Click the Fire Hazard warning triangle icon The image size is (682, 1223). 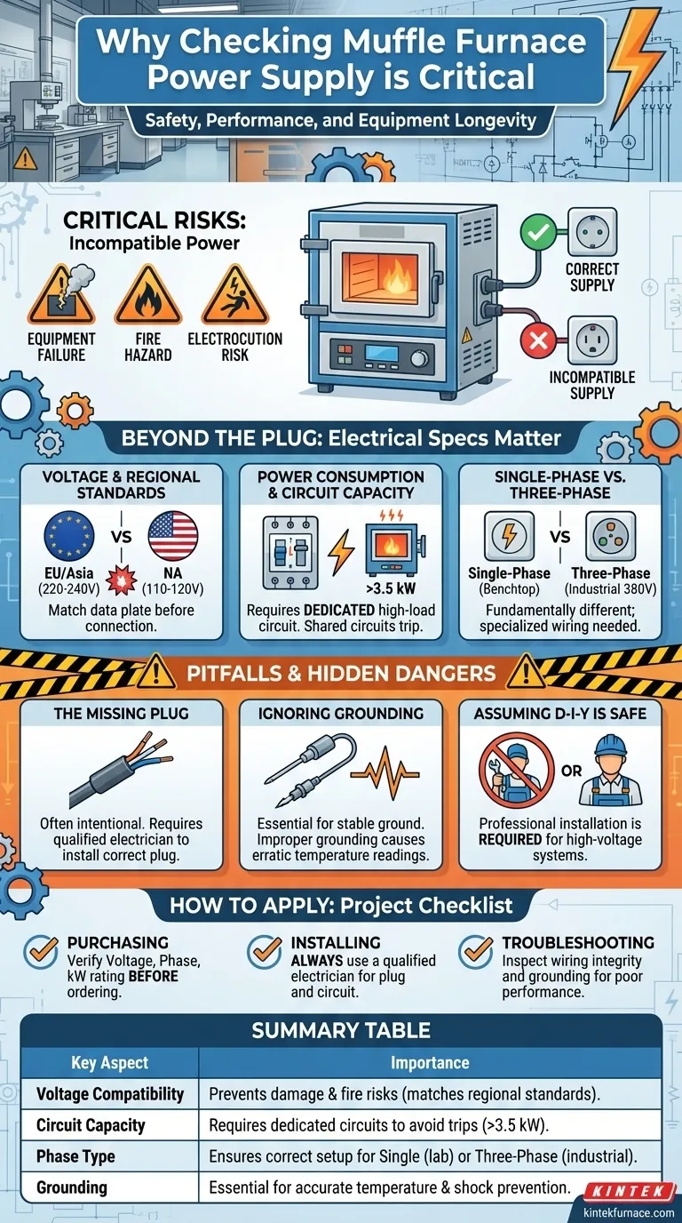148,296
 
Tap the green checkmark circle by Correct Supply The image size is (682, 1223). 537,233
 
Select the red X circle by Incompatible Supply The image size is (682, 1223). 538,340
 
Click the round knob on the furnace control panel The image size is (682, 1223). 419,359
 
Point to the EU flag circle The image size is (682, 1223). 68,536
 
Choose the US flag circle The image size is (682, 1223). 173,536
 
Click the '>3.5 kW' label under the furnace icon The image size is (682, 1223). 391,588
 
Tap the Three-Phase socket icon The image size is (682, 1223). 611,536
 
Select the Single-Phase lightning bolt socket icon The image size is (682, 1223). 509,536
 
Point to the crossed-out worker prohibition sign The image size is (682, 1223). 516,770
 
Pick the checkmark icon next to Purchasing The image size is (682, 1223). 42,952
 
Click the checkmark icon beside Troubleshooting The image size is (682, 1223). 476,952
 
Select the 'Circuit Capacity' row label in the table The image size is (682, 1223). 91,1125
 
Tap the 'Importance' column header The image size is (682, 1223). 430,1062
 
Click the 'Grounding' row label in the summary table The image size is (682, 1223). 71,1187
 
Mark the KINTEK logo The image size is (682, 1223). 629,1191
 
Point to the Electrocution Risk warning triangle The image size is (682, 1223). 234,296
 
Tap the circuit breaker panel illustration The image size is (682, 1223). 290,553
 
